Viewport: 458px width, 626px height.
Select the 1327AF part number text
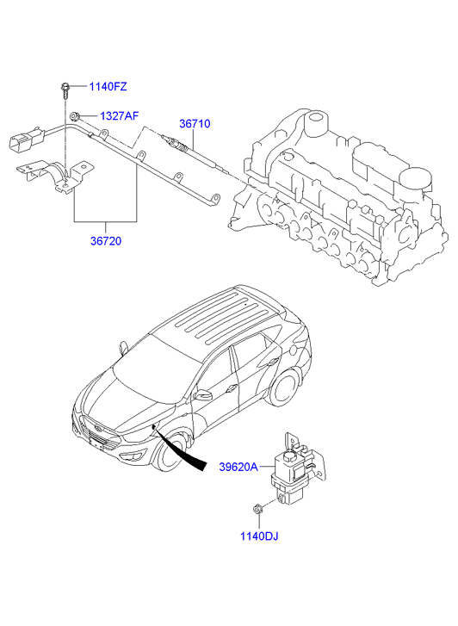coord(118,115)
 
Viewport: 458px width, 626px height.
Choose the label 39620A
coord(238,467)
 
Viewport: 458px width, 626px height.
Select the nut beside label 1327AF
coord(77,115)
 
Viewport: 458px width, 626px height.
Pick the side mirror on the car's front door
coord(202,396)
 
